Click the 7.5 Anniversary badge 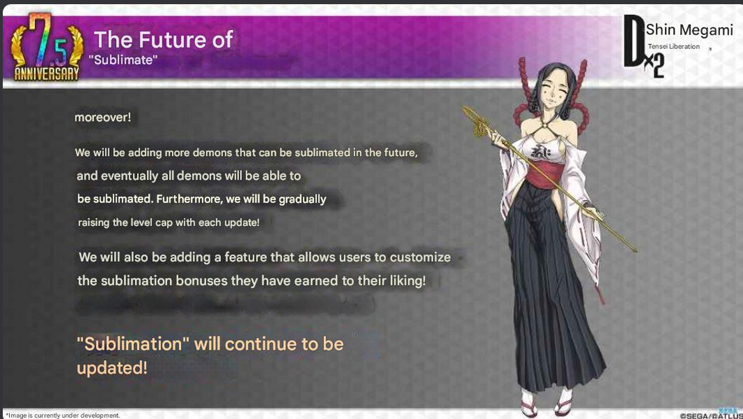(x=46, y=47)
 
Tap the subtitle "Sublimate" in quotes (x=123, y=59)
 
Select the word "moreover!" (x=102, y=117)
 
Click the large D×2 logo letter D (x=634, y=41)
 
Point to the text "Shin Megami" (x=689, y=30)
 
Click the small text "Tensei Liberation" (x=673, y=46)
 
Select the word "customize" (x=420, y=257)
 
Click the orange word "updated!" (x=112, y=368)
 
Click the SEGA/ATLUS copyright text (x=710, y=416)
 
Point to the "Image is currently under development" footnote (x=63, y=416)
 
